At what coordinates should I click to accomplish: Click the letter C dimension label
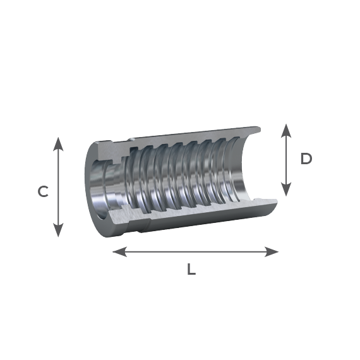pos(43,191)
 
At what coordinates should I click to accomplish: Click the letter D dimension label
pos(306,159)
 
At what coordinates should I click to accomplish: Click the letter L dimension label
pos(191,269)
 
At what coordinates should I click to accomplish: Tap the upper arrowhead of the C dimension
pos(58,144)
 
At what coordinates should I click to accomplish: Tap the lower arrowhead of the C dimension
pos(58,230)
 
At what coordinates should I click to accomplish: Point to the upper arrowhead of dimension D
pos(286,131)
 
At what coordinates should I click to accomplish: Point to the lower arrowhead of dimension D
pos(286,189)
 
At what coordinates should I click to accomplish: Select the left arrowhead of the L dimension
pos(119,251)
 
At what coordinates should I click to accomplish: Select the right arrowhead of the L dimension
pos(272,251)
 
